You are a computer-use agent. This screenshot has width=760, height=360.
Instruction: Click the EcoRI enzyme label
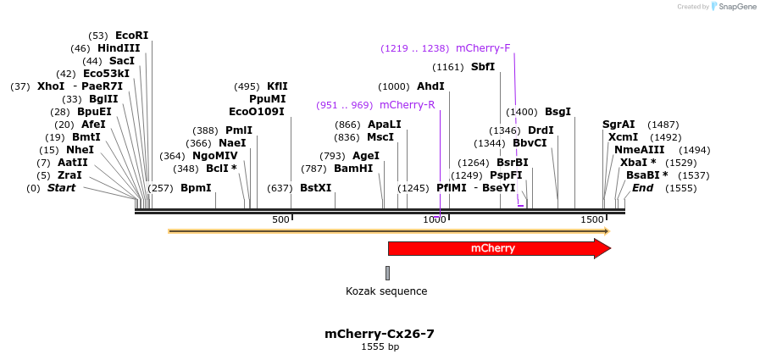click(131, 36)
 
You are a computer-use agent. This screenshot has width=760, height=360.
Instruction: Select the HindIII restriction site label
click(119, 48)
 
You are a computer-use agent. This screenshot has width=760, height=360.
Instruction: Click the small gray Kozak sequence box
click(387, 273)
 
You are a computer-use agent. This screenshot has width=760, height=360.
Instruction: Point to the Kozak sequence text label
click(386, 291)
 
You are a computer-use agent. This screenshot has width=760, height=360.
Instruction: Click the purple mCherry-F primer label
click(483, 48)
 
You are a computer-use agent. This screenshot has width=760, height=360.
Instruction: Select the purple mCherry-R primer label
click(407, 105)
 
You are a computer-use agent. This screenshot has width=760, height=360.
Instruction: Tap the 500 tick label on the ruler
click(280, 220)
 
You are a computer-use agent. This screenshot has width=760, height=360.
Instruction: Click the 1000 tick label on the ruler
click(435, 220)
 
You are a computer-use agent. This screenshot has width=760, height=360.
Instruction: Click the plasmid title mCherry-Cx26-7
click(380, 334)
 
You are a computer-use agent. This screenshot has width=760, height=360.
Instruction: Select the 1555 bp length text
click(380, 347)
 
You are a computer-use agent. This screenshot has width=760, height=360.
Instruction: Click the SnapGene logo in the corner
click(733, 7)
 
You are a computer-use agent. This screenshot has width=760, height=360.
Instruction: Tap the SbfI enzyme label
click(483, 67)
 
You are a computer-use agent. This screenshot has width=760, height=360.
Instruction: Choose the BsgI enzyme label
click(558, 112)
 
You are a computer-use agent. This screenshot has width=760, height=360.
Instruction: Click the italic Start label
click(61, 188)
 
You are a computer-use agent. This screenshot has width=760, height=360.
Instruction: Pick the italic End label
click(642, 188)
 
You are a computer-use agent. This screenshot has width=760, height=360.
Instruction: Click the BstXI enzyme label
click(316, 188)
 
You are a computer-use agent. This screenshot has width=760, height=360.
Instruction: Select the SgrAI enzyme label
click(619, 125)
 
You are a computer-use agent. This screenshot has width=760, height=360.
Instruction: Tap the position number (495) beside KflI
click(247, 86)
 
